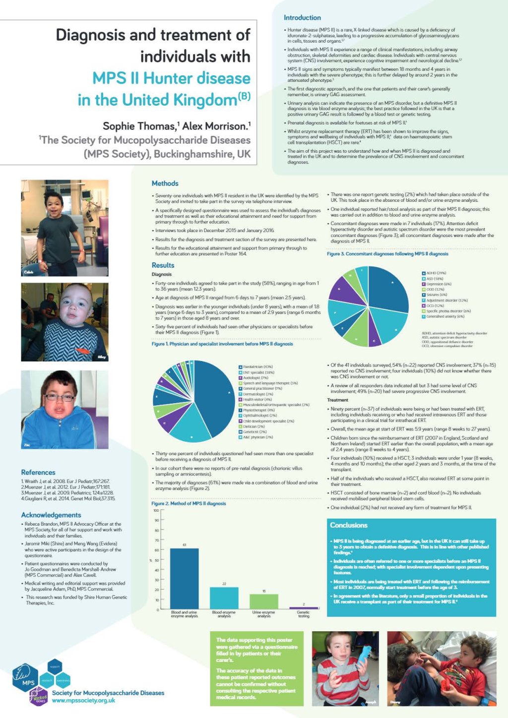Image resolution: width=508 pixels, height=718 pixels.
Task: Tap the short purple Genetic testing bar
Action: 304,608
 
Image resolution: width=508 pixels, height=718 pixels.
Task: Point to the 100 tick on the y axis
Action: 156,510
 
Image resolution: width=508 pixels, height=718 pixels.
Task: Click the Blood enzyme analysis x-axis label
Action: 224,614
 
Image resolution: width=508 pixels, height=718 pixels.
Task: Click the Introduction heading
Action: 302,18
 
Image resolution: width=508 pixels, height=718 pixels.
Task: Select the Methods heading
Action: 165,183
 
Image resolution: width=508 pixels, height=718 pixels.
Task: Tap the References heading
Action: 38,473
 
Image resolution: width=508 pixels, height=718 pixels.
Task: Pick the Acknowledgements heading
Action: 51,515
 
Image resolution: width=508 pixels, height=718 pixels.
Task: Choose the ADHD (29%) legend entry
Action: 436,273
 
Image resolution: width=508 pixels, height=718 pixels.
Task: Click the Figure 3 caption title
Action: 387,254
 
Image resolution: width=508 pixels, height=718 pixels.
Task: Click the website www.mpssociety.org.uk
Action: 83,701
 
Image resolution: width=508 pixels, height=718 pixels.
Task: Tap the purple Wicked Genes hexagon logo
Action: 39,698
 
